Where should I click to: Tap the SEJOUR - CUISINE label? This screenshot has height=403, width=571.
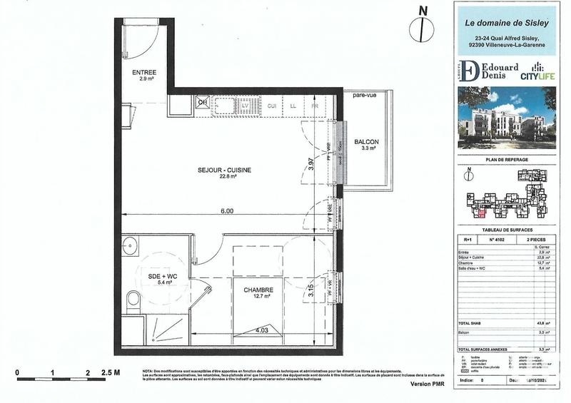pos(225,169)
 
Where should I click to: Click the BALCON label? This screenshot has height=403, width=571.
pos(366,143)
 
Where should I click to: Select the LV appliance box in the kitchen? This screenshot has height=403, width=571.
pos(246,106)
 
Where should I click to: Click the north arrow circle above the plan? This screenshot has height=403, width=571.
pos(423,29)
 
